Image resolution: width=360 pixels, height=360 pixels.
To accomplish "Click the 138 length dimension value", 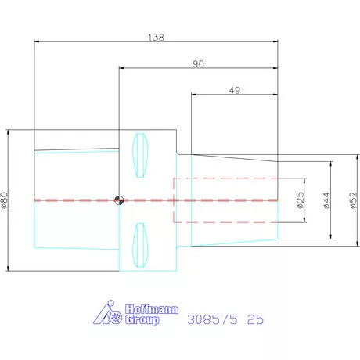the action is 156,38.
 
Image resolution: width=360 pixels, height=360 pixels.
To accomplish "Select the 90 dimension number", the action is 198,64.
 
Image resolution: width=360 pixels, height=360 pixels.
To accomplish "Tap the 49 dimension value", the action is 235,90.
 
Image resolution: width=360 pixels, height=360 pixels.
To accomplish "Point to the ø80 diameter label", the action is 5,200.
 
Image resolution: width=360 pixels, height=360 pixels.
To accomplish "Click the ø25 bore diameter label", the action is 301,200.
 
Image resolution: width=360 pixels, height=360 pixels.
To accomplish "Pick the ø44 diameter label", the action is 326,200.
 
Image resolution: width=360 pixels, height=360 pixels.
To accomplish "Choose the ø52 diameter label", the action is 353,200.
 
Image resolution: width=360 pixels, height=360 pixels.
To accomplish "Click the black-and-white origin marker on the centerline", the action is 119,200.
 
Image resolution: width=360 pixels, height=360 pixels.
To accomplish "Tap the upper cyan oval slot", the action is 140,155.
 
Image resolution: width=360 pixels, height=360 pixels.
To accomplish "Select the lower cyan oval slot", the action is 140,245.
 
